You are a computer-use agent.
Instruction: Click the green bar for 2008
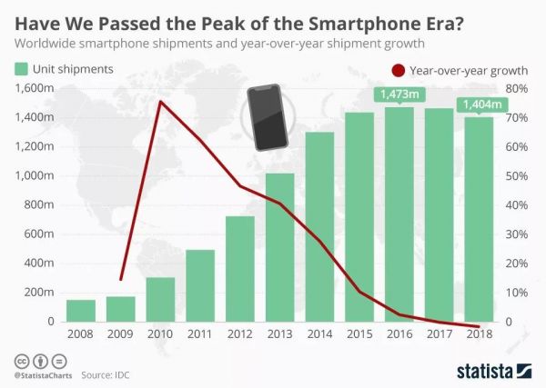81,311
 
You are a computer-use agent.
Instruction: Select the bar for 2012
240,269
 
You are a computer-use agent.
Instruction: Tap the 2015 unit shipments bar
359,217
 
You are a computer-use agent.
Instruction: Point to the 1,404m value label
479,104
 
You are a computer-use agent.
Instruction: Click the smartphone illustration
265,117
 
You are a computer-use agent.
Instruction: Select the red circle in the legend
397,69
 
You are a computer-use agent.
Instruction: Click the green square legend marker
22,69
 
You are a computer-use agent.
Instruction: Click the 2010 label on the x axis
160,335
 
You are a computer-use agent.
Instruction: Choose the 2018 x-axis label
479,335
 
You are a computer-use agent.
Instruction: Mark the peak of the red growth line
160,102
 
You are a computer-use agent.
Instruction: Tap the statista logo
492,371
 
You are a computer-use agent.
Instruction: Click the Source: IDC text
105,373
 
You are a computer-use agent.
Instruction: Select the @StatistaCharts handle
43,373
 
